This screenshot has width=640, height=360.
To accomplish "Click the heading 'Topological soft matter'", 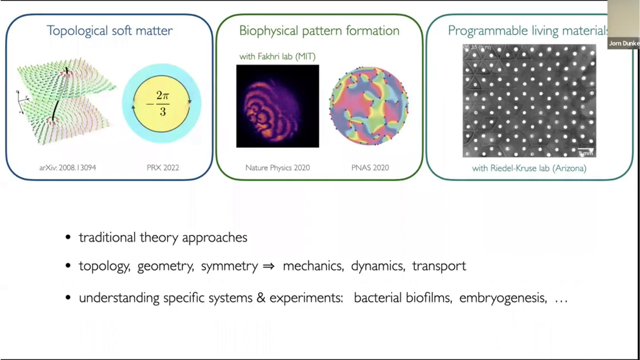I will (109, 31).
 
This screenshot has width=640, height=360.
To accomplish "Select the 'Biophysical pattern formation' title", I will (319, 31).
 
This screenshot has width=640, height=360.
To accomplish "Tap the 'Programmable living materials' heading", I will (527, 31).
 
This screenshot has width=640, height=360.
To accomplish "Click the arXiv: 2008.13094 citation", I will (68, 168).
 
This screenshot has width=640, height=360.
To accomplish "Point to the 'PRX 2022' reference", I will (163, 168).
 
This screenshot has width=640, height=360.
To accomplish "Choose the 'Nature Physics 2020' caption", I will (277, 168).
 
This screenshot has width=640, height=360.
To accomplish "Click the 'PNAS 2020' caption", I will (370, 168).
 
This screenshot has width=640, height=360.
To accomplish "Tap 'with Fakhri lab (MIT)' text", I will (277, 56).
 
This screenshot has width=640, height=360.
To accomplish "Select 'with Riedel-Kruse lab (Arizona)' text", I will (529, 168).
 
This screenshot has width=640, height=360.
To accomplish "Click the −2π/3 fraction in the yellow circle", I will (162, 104).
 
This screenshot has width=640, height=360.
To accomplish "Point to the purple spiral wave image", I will (277, 106).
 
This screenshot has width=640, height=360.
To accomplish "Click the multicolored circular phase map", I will (369, 106).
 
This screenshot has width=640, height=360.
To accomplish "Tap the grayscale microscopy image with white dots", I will (529, 101).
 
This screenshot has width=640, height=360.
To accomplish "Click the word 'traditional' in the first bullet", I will (107, 237).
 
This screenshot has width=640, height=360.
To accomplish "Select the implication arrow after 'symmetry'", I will (269, 266).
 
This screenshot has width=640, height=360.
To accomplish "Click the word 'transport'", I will (439, 266).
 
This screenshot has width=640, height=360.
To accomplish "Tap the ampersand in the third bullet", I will (261, 298).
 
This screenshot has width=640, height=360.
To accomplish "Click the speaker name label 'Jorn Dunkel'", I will (624, 43).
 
